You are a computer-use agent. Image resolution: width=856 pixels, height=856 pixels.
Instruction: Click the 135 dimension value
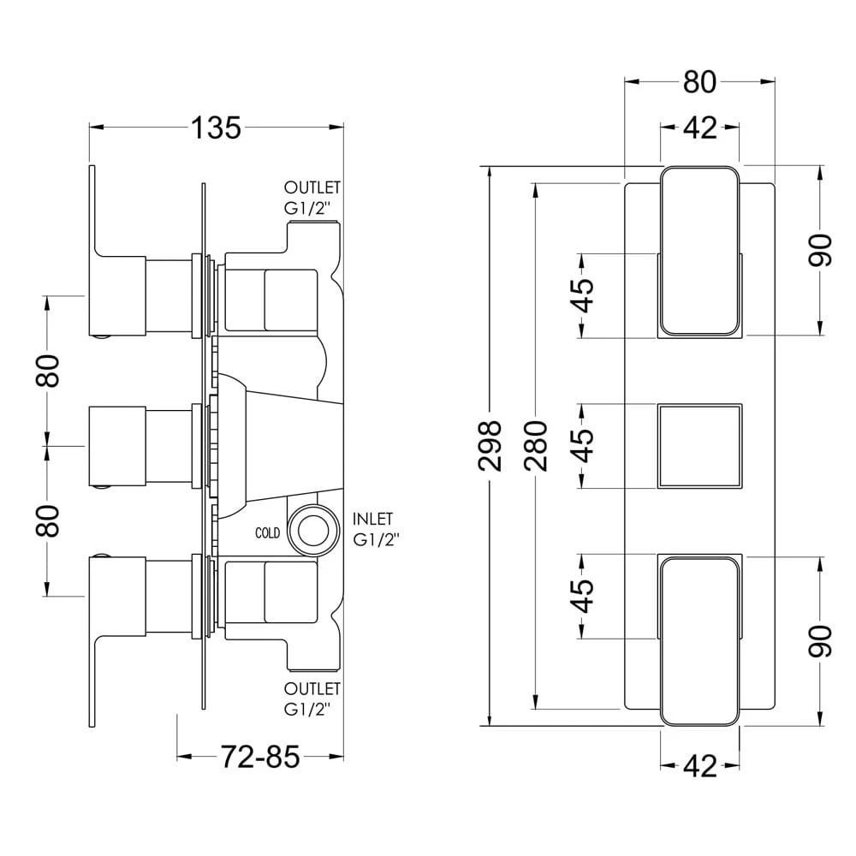217,128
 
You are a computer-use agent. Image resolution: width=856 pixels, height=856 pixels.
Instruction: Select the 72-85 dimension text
260,757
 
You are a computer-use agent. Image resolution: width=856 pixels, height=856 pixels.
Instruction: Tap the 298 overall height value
490,444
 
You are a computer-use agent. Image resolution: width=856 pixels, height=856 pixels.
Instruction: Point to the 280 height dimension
536,444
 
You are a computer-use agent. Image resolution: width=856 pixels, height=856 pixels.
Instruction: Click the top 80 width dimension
699,82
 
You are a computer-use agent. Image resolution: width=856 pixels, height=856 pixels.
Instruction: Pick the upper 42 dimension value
699,128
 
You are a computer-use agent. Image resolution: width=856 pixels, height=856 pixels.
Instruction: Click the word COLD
268,532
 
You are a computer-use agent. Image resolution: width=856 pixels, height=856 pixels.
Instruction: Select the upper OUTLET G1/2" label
312,196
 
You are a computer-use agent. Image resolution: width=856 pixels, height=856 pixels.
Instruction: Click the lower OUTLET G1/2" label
312,698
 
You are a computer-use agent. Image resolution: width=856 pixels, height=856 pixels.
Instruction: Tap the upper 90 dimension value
821,250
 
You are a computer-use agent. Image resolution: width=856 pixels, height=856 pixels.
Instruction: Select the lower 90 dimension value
821,641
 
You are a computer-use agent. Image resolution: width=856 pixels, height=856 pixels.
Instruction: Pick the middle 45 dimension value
582,444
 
